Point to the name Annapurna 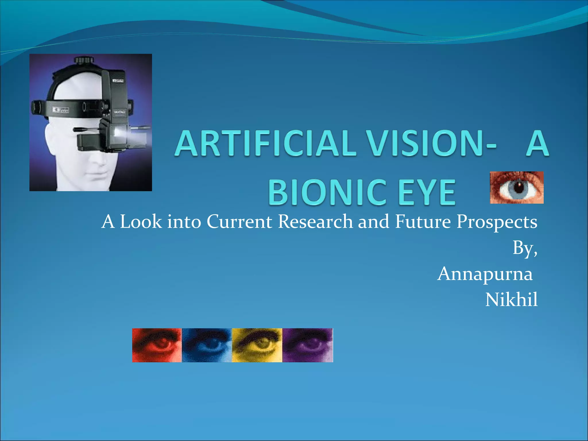(x=485, y=274)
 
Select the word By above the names (x=523, y=248)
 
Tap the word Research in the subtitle (x=315, y=222)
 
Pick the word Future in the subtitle (x=423, y=222)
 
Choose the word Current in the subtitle (x=239, y=222)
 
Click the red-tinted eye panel (x=157, y=345)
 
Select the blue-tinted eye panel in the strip (x=207, y=345)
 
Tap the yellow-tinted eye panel (x=257, y=345)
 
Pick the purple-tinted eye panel (x=307, y=345)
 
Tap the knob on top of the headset (x=84, y=60)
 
